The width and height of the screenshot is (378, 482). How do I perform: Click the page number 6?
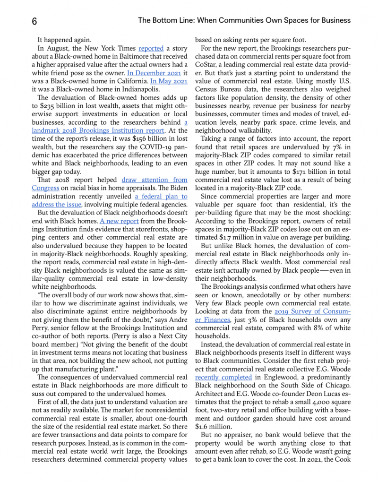pyautogui.click(x=34, y=21)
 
